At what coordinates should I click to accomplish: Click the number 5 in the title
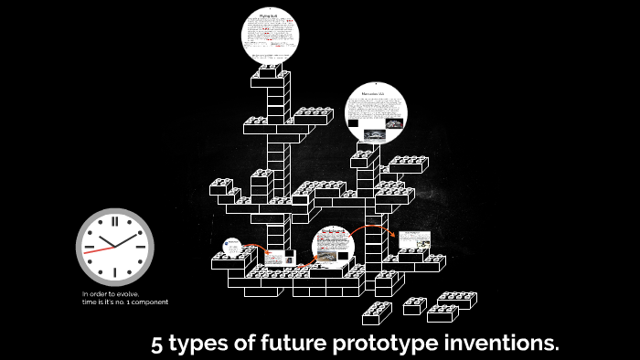point(158,344)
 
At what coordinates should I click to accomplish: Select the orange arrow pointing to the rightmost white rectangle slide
point(379,228)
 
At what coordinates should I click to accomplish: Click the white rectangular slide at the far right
point(414,240)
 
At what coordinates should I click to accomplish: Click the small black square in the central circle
point(344,255)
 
